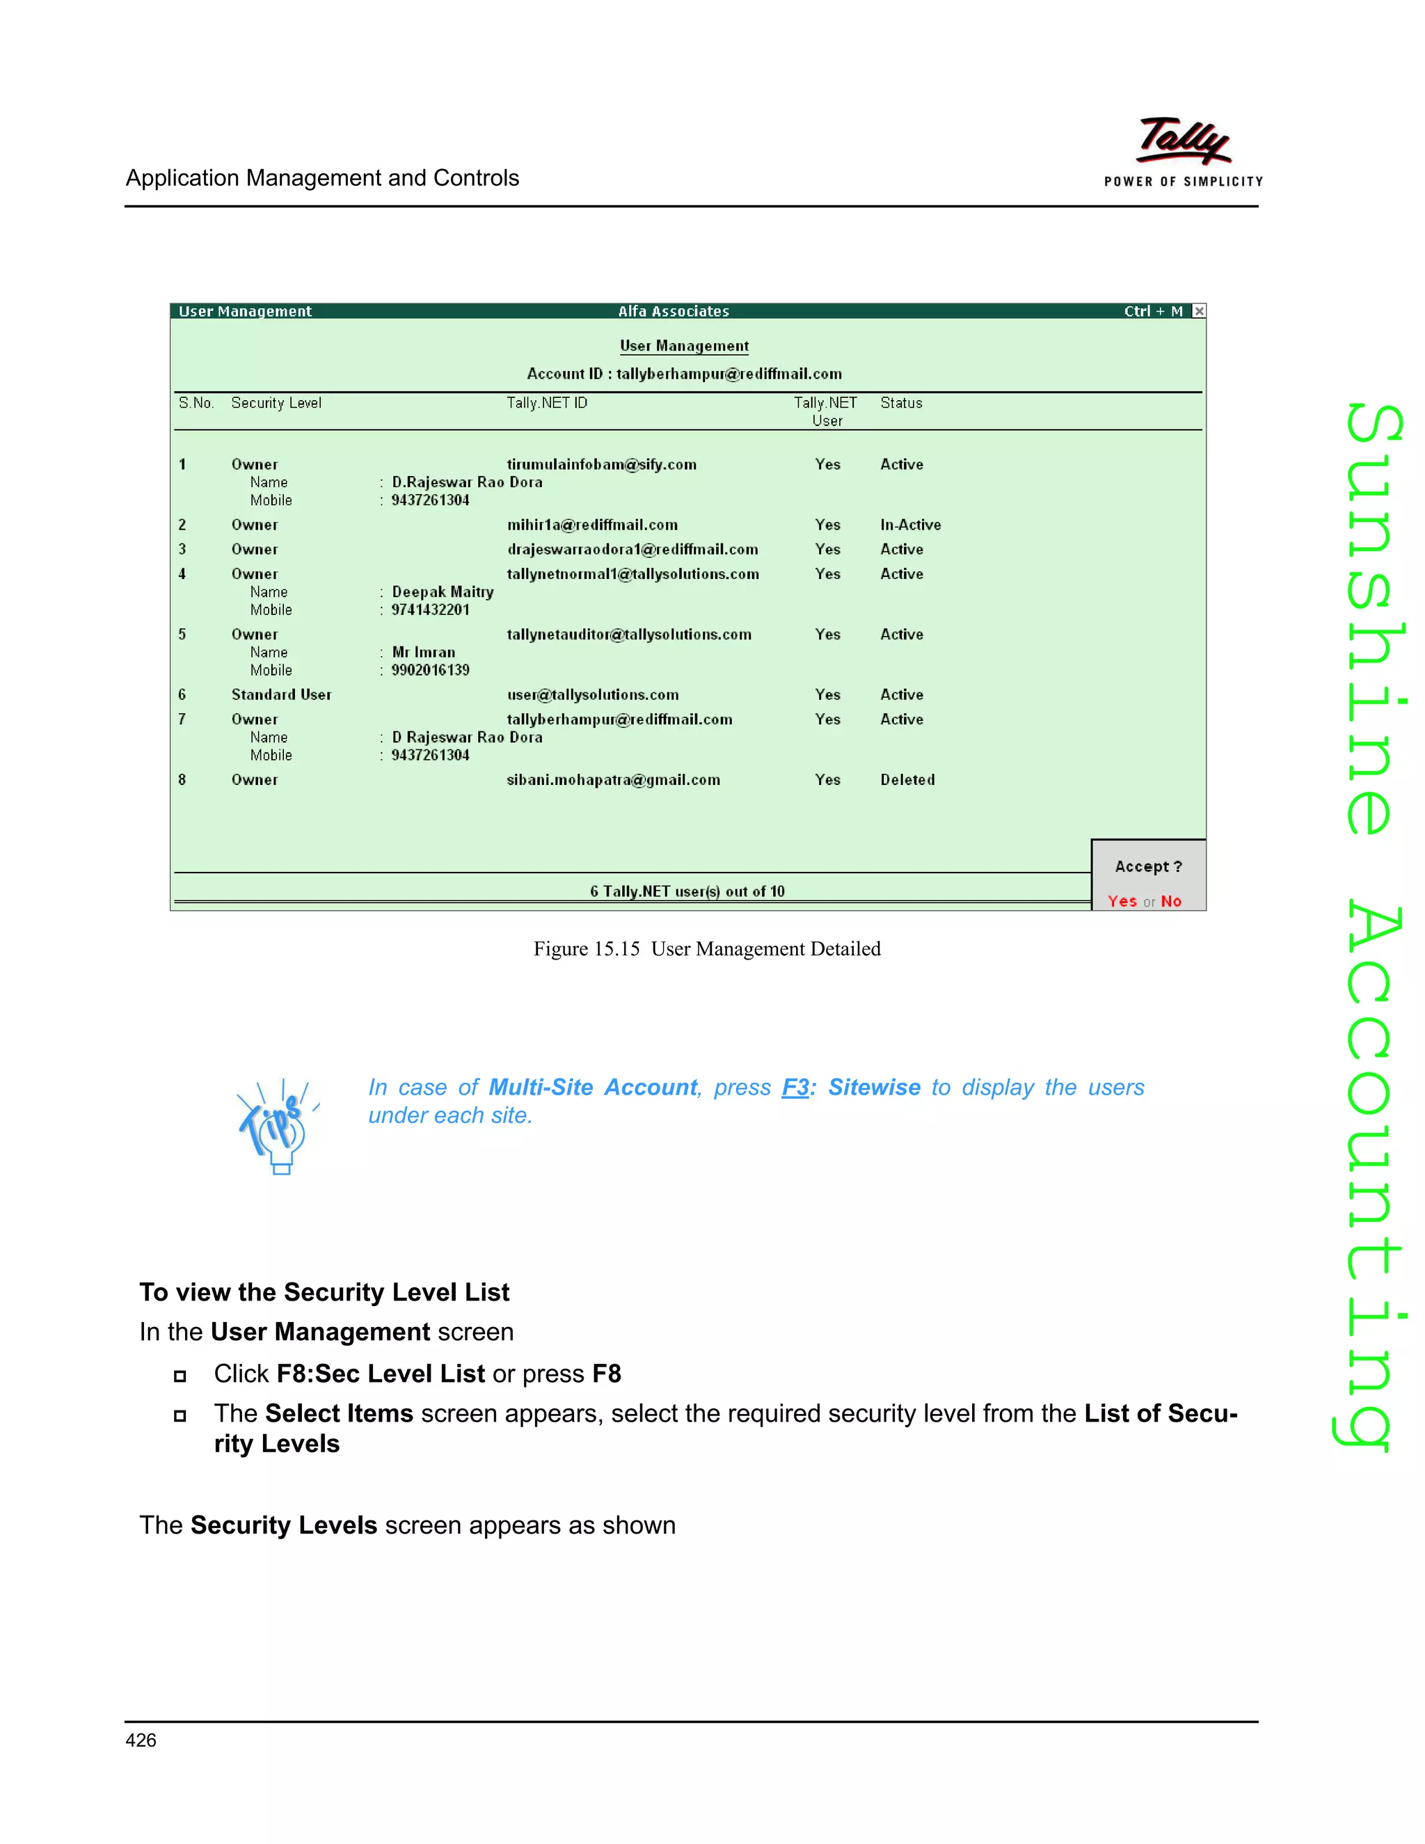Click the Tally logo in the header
pos(1184,142)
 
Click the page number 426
pos(141,1740)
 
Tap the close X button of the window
pos(1199,311)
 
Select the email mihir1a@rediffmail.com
pos(592,525)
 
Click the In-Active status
pos(910,525)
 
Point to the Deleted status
pos(907,780)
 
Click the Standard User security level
pos(281,695)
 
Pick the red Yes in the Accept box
pos(1122,902)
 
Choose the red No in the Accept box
pos(1171,902)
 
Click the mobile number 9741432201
pos(430,610)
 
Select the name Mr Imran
pos(423,653)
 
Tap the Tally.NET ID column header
pos(546,404)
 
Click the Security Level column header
pos(276,404)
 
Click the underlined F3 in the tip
pos(795,1088)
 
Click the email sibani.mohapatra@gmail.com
pos(613,780)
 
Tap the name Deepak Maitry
pos(443,592)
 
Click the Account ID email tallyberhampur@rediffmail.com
pos(729,374)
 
